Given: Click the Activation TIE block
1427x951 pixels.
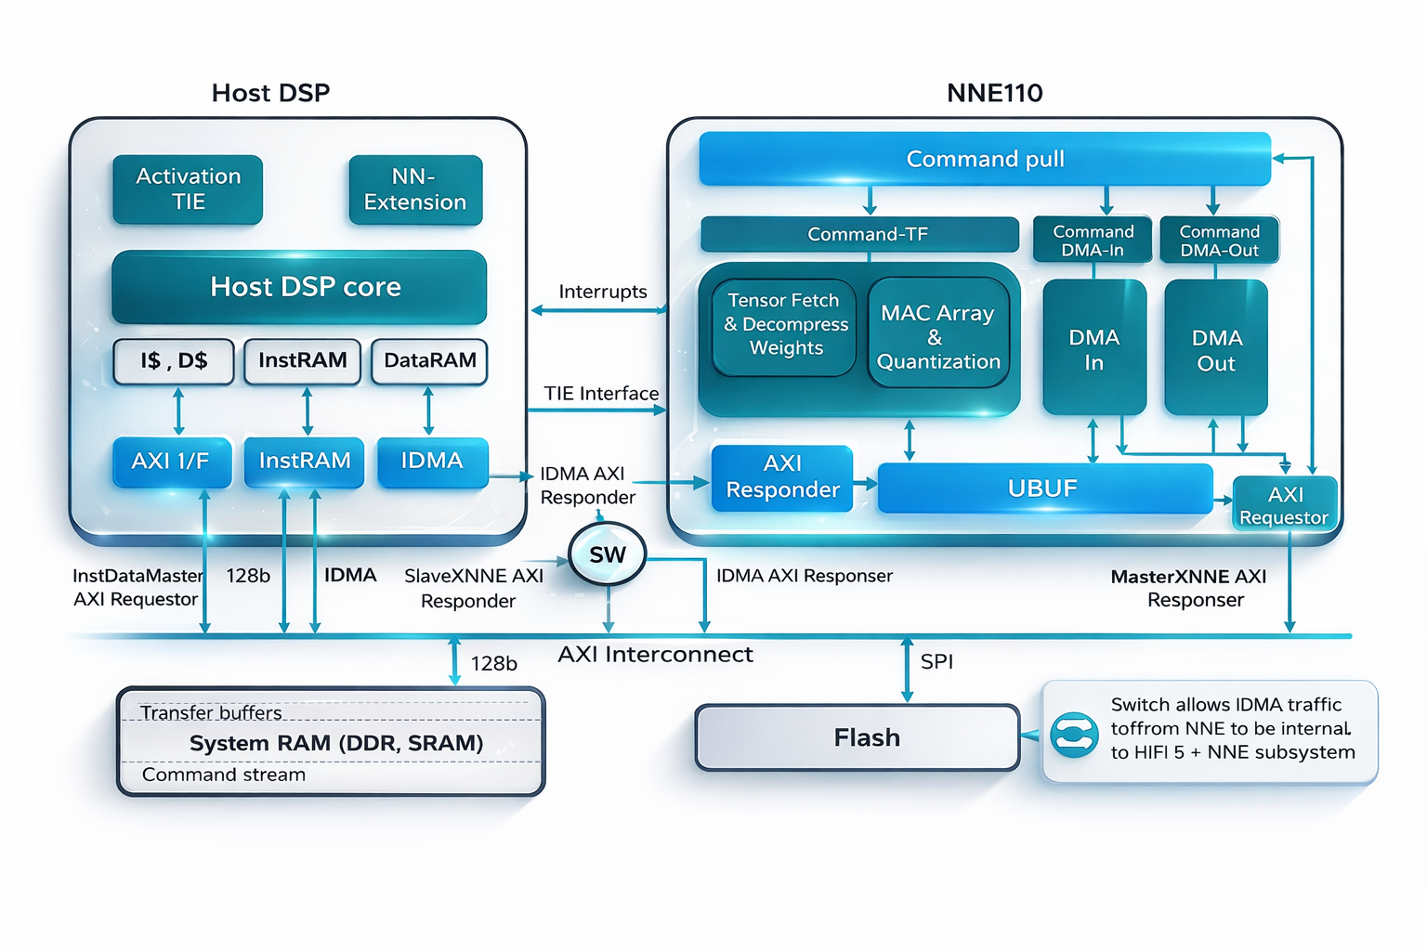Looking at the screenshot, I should pyautogui.click(x=188, y=189).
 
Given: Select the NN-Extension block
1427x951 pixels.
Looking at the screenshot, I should pyautogui.click(x=415, y=189).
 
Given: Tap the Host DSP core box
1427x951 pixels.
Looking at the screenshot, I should pyautogui.click(x=299, y=287).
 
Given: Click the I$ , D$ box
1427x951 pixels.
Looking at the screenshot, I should pyautogui.click(x=174, y=361).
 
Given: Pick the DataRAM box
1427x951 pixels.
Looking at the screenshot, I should pyautogui.click(x=429, y=361).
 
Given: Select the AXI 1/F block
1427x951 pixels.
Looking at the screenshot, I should pyautogui.click(x=172, y=462).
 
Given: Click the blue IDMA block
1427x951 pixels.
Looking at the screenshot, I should pyautogui.click(x=432, y=462).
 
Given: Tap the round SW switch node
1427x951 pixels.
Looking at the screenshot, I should pyautogui.click(x=608, y=555).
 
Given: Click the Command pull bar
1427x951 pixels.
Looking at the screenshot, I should pyautogui.click(x=985, y=159).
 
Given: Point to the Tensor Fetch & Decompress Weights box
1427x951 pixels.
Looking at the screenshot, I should pyautogui.click(x=785, y=325).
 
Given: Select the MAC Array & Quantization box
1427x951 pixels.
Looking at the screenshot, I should pyautogui.click(x=938, y=337).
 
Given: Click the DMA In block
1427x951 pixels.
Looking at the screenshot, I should pyautogui.click(x=1094, y=349).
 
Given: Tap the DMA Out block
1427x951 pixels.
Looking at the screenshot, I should pyautogui.click(x=1216, y=349).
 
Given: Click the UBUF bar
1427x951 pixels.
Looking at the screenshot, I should pyautogui.click(x=1044, y=489).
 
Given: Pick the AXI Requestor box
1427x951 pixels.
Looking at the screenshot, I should pyautogui.click(x=1285, y=504).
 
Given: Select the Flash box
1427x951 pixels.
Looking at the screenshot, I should pyautogui.click(x=858, y=737).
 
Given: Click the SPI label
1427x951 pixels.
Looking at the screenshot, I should pyautogui.click(x=936, y=662).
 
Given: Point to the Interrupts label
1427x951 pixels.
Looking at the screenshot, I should pyautogui.click(x=603, y=292).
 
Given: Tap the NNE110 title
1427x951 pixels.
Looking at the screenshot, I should pyautogui.click(x=994, y=93).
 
